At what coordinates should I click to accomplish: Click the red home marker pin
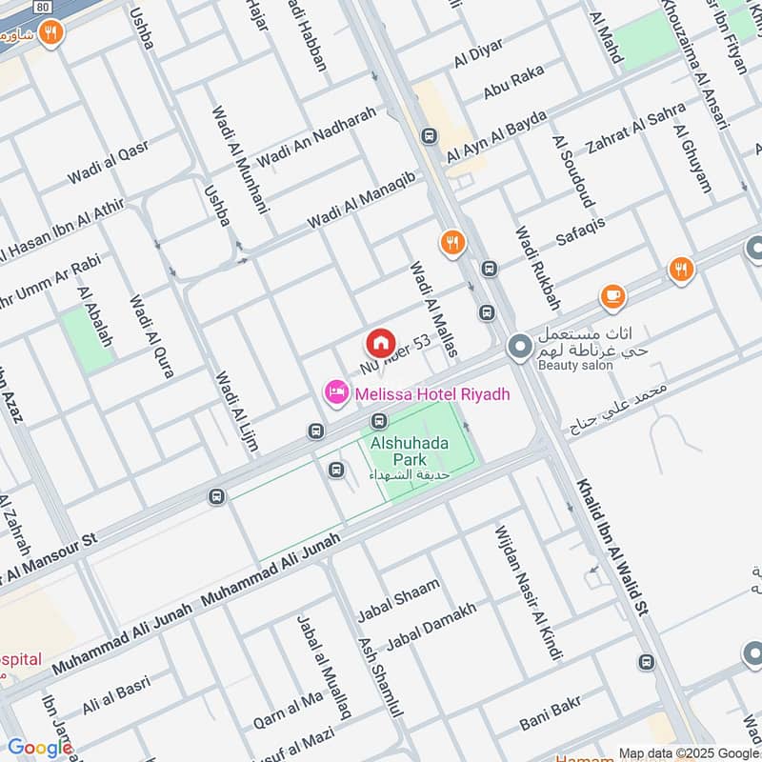[380, 343]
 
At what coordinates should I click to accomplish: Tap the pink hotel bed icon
[335, 392]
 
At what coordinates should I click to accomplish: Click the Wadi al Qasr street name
[108, 167]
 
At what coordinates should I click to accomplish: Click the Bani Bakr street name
[551, 718]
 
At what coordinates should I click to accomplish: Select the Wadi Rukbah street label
[537, 269]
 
